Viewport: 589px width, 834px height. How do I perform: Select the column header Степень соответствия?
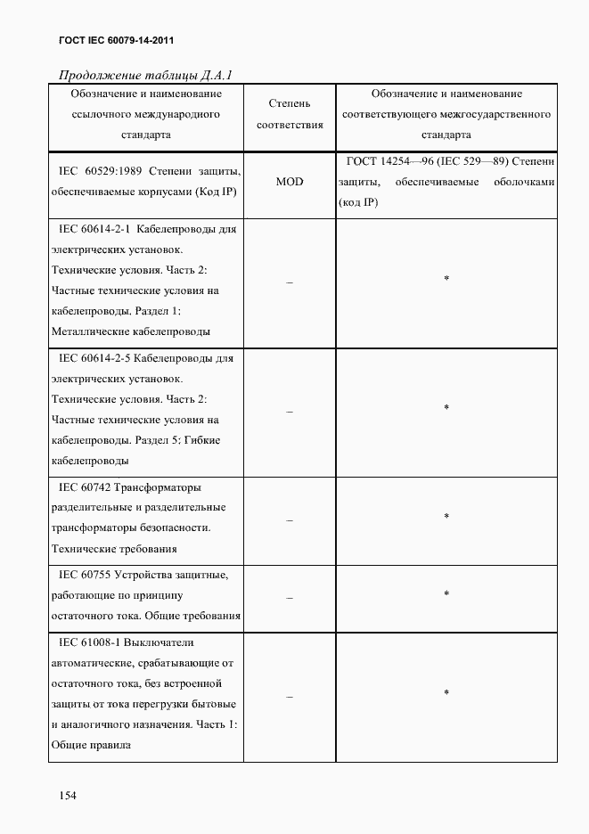pyautogui.click(x=290, y=115)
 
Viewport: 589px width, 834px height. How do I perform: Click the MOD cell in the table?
pyautogui.click(x=290, y=182)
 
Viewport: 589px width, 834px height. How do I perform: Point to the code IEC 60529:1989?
pyautogui.click(x=98, y=170)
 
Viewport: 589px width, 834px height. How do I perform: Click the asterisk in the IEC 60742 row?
pyautogui.click(x=446, y=517)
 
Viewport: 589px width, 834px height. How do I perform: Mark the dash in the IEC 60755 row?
pyautogui.click(x=290, y=595)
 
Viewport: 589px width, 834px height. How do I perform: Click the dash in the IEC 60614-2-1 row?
pyautogui.click(x=290, y=281)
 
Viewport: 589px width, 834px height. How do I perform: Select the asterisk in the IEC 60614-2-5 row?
pyautogui.click(x=446, y=408)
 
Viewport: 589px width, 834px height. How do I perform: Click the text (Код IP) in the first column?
pyautogui.click(x=212, y=192)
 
